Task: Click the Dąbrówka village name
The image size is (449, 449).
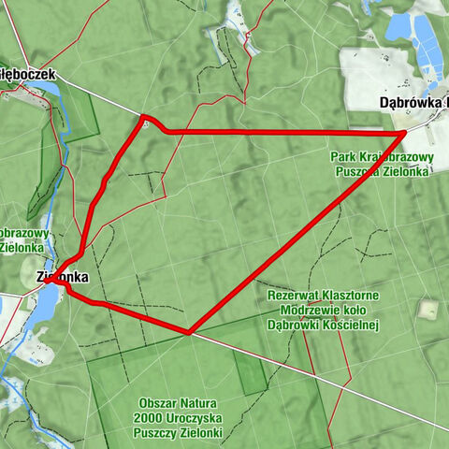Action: (x=413, y=102)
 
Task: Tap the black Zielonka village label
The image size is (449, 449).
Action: (x=63, y=277)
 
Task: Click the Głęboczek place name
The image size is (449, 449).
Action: (x=28, y=73)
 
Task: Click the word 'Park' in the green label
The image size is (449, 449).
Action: (x=342, y=157)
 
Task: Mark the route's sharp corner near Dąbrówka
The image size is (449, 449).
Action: (x=404, y=134)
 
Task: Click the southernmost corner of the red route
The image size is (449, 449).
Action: (x=189, y=331)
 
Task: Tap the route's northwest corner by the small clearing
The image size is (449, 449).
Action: (x=145, y=119)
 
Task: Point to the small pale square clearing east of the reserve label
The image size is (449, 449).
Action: (x=428, y=308)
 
